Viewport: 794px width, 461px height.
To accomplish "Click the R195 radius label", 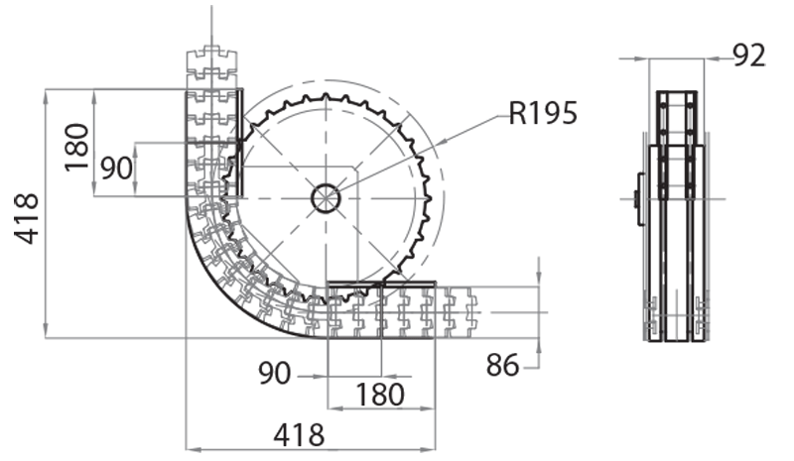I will click(542, 113).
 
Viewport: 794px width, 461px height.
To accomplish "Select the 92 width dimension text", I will click(750, 56).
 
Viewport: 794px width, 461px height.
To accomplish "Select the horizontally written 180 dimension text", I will click(380, 395).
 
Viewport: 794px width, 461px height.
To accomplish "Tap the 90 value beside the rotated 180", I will click(116, 169).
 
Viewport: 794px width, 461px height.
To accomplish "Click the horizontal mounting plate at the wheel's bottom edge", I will click(381, 285).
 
